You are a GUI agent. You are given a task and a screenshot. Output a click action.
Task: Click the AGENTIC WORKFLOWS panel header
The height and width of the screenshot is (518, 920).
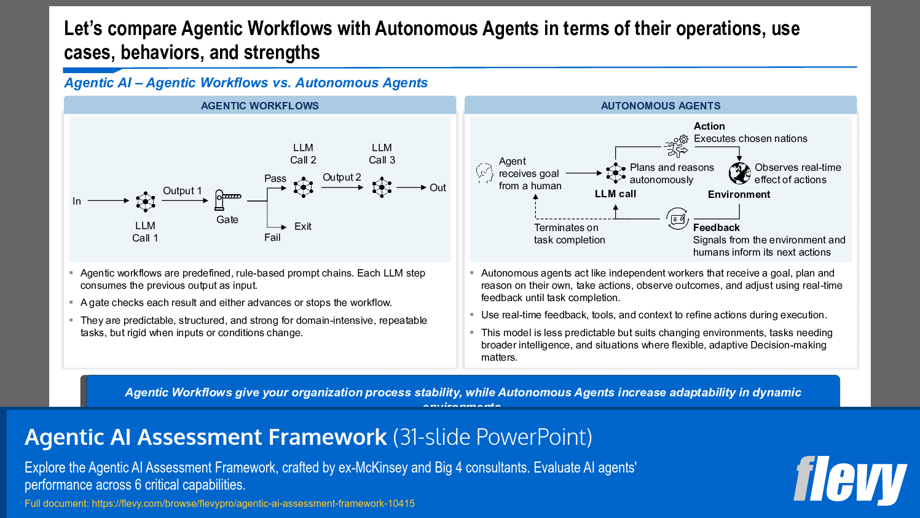259,106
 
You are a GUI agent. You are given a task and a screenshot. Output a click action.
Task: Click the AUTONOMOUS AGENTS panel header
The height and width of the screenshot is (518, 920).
661,106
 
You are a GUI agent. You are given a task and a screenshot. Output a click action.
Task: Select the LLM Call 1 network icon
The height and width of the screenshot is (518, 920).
146,201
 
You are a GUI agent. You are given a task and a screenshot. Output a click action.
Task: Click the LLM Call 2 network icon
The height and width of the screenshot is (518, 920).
303,187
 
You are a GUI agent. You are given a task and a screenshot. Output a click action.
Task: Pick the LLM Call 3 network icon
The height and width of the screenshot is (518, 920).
382,187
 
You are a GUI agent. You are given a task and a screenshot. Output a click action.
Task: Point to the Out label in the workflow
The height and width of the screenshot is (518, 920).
438,188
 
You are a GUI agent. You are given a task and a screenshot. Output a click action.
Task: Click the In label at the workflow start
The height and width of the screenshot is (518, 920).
77,201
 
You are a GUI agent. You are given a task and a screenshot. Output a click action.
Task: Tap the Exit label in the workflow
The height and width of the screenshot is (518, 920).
302,227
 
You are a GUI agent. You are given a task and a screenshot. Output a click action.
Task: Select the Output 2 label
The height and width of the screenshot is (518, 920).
342,177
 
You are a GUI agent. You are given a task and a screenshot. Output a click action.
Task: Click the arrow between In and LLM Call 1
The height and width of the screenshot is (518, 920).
108,200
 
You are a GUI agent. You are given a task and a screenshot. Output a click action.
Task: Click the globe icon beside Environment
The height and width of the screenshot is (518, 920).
739,173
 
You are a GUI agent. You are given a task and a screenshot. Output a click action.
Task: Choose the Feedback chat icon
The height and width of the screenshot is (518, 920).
677,218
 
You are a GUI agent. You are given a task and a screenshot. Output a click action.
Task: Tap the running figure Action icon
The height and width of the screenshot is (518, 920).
677,146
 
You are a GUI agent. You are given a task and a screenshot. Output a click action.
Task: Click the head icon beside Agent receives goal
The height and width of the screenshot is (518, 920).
484,173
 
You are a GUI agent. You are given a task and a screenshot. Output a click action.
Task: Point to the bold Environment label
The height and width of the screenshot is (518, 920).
739,194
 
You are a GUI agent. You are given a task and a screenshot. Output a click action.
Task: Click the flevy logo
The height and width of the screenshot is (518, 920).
850,480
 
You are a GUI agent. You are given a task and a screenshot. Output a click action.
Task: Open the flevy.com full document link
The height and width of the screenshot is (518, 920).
253,504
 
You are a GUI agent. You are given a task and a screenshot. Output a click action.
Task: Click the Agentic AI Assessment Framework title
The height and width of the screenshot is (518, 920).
205,437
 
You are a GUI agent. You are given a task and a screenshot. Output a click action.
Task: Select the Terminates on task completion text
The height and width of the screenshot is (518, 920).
569,233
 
